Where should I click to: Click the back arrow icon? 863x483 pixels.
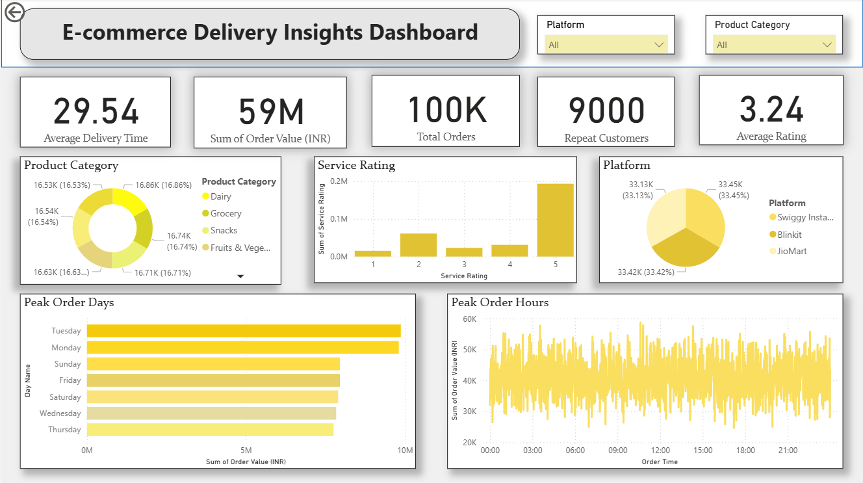[14, 12]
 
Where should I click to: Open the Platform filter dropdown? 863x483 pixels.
[606, 45]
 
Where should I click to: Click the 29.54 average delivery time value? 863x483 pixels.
[96, 111]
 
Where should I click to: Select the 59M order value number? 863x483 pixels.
[270, 112]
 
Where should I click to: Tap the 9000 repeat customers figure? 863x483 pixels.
[606, 111]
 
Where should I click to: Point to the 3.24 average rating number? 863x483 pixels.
[771, 109]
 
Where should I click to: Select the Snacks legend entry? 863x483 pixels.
[224, 230]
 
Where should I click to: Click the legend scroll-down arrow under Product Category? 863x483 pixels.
[240, 276]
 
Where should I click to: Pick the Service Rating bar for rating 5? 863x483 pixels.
[555, 220]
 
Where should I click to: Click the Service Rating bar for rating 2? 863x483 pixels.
[419, 245]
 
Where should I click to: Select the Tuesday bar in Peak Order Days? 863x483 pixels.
[244, 331]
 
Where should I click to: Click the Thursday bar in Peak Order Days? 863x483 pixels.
[210, 430]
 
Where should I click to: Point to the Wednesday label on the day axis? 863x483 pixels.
[60, 413]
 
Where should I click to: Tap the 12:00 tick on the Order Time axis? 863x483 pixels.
[660, 450]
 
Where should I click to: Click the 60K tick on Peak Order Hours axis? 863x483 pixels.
[469, 319]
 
